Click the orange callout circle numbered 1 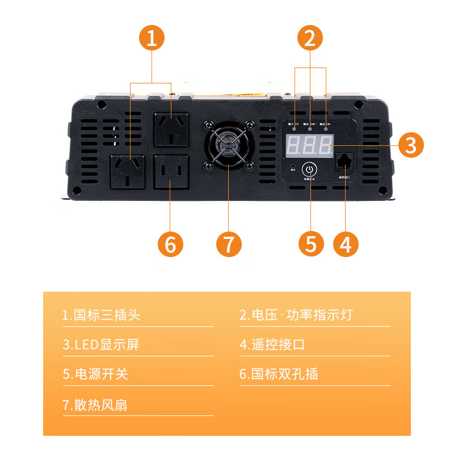tap(152, 39)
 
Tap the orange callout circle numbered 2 tap(310, 39)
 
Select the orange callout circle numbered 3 tap(411, 145)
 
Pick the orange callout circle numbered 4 tap(346, 243)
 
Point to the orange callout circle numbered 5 tap(311, 243)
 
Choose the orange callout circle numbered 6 tap(170, 244)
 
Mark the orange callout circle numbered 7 tap(229, 244)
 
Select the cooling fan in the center tap(228, 146)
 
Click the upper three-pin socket tap(170, 130)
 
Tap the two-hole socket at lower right tap(170, 171)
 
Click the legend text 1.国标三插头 tap(102, 315)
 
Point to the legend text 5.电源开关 tap(95, 375)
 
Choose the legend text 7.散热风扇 tap(95, 405)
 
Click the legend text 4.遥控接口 tap(272, 344)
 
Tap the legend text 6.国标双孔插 tap(279, 375)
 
